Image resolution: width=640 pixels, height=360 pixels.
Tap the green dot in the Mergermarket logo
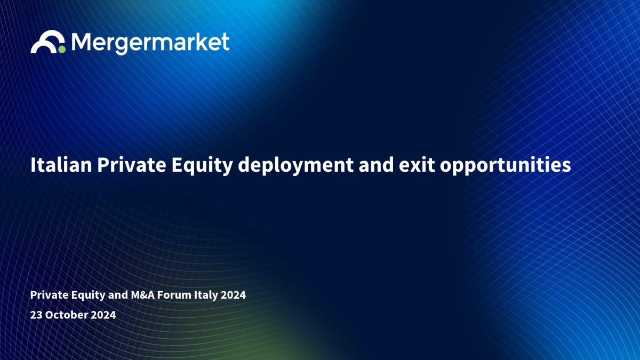(x=62, y=49)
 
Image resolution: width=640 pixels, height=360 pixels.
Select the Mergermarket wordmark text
(x=150, y=43)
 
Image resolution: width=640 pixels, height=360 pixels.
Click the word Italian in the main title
(x=61, y=165)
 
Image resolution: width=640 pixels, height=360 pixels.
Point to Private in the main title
(x=131, y=165)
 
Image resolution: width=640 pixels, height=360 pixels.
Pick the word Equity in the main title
(x=202, y=166)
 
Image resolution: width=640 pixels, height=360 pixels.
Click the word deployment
(x=295, y=166)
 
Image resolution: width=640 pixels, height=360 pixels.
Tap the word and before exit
(x=377, y=165)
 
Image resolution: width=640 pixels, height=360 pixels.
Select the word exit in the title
(x=417, y=165)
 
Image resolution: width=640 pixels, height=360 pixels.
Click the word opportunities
(x=506, y=166)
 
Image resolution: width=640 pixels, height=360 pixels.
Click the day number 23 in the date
(x=36, y=315)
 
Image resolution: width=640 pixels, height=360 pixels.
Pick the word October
(x=67, y=315)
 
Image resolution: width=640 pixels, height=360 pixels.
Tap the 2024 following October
(x=103, y=315)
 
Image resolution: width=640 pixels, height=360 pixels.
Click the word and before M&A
(x=118, y=295)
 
